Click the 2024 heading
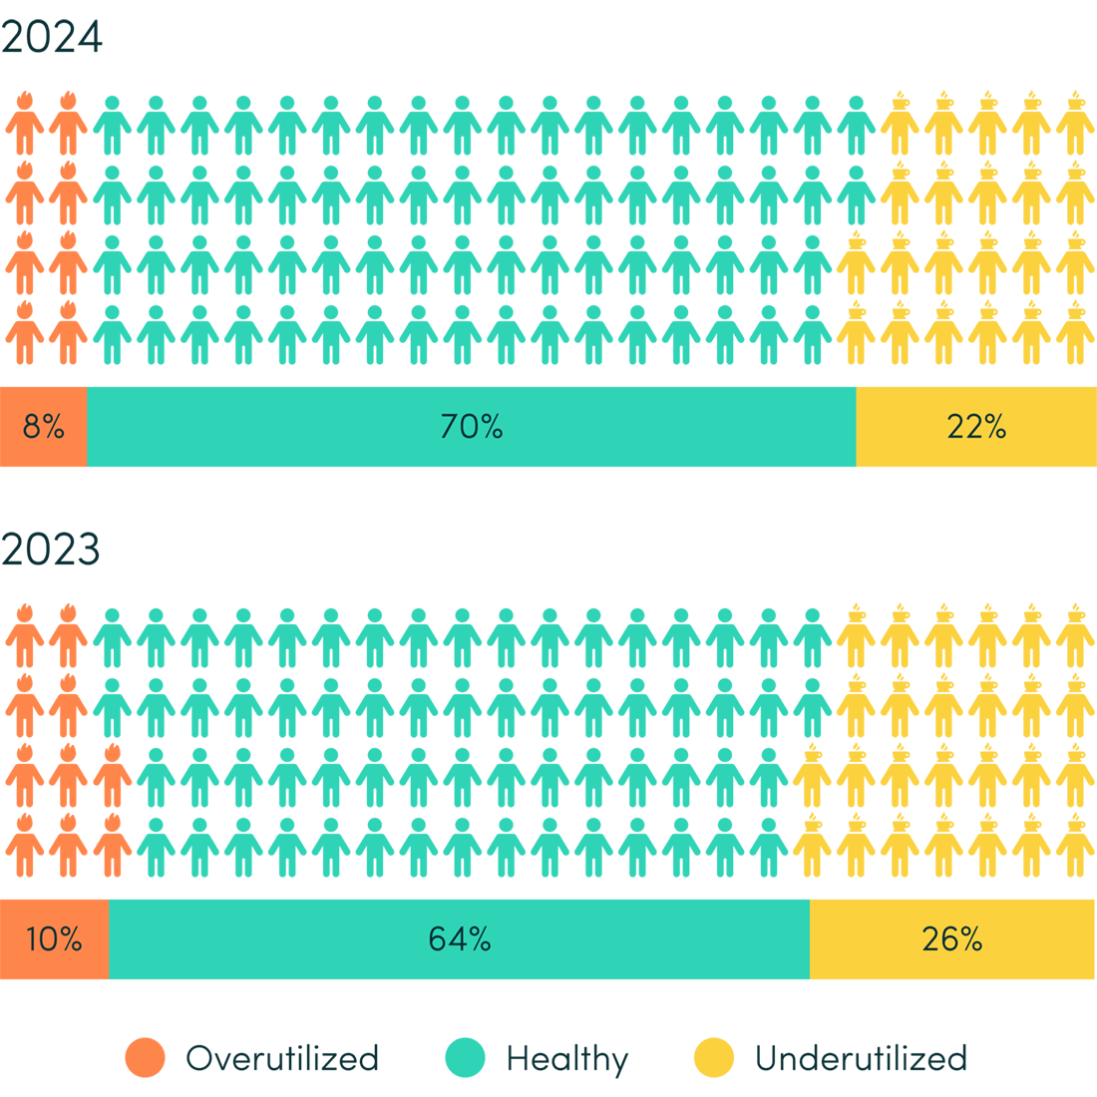coord(52,38)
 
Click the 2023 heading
coord(52,549)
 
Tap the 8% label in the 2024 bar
coord(43,427)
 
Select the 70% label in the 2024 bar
coord(471,427)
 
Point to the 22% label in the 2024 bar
coord(976,427)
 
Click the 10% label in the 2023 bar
coord(54,939)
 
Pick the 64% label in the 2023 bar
coord(459,939)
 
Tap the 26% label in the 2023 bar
coord(952,939)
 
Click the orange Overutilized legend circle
coord(146,1058)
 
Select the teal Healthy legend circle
coord(465,1058)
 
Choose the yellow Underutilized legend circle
coord(714,1058)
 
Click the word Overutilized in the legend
coord(282,1058)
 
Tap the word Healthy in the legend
coord(567,1058)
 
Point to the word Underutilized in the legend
coord(862,1058)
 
